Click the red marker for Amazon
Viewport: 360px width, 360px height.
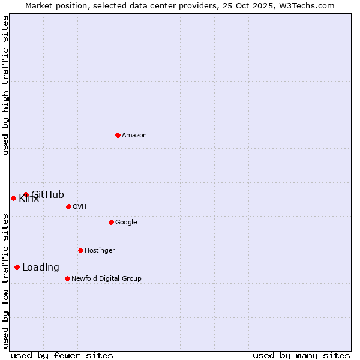click(118, 135)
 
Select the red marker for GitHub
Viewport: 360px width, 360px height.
click(26, 194)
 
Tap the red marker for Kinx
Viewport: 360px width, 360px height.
click(13, 198)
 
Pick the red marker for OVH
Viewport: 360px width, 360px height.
click(68, 206)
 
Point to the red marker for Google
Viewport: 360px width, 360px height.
click(111, 222)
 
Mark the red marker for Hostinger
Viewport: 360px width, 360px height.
click(80, 250)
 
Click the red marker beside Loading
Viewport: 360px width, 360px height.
click(17, 267)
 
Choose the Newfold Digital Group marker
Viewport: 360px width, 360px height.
click(67, 278)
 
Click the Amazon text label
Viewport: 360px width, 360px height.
click(134, 136)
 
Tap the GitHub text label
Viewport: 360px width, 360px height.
click(48, 194)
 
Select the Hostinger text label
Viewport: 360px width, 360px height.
click(100, 251)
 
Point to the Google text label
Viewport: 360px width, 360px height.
click(126, 223)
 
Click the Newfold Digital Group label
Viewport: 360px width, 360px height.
click(106, 279)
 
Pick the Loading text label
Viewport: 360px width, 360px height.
click(41, 268)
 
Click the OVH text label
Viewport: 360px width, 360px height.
click(80, 207)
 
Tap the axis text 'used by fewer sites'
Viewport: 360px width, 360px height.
click(62, 355)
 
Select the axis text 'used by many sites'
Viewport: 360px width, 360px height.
click(301, 355)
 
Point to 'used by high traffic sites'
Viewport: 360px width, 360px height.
click(6, 85)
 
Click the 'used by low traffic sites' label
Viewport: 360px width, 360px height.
click(6, 281)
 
